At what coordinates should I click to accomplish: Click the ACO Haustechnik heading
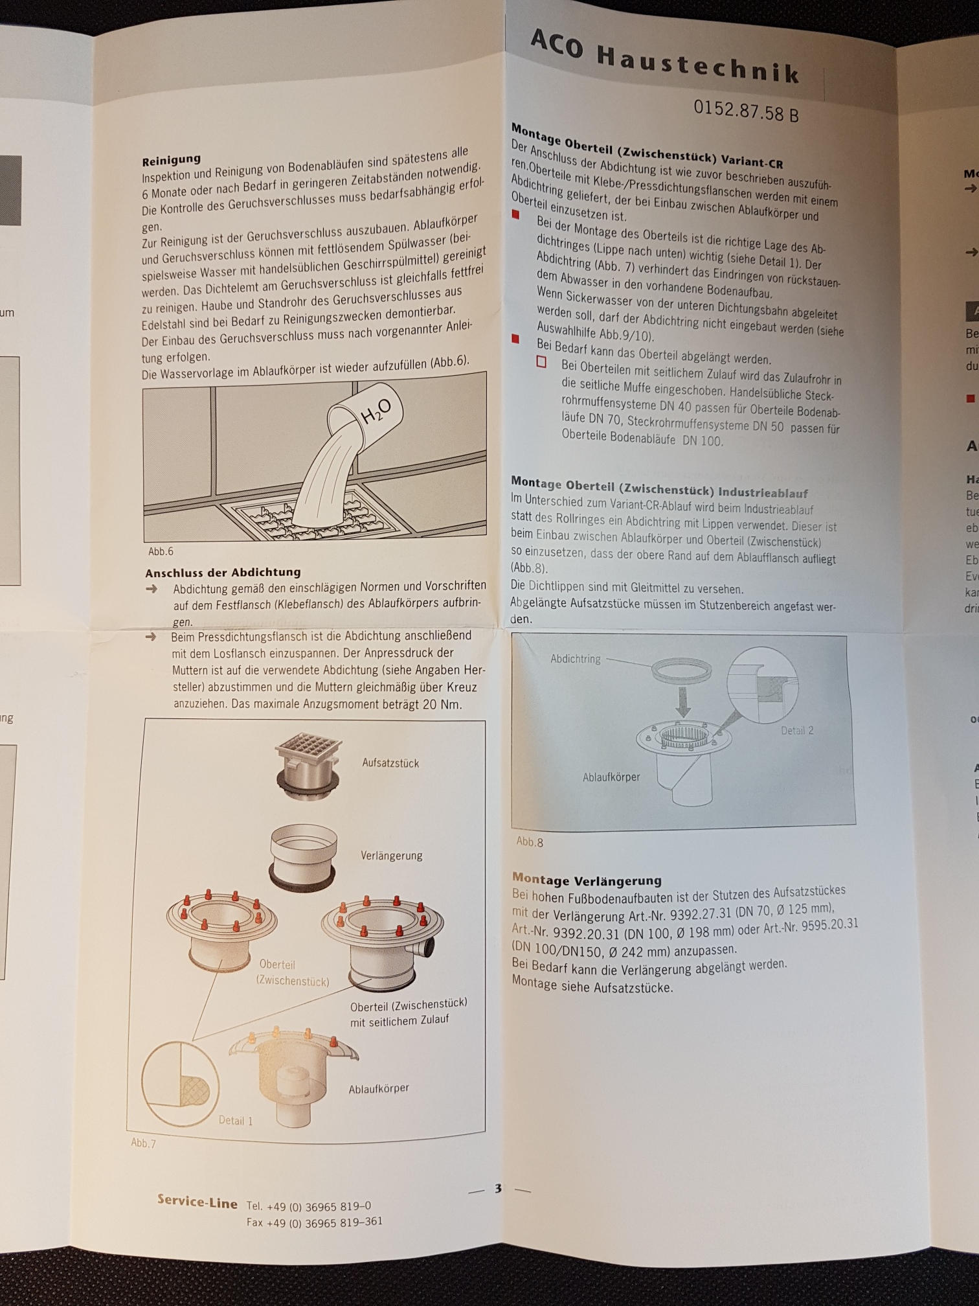665,57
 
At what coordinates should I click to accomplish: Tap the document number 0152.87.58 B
746,109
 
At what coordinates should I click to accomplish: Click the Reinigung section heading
172,159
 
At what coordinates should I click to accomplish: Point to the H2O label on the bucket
376,410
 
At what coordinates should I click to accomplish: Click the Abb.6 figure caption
161,551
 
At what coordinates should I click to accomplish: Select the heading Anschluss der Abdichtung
223,573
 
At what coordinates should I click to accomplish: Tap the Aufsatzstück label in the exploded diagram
390,763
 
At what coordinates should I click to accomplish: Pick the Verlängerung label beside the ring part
391,855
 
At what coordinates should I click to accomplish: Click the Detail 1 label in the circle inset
236,1120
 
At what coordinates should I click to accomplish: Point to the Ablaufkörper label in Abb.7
379,1088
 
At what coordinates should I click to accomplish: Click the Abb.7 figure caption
143,1143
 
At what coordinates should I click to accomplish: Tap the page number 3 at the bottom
498,1188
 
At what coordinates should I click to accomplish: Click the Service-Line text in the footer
197,1202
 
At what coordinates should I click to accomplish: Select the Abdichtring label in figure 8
576,659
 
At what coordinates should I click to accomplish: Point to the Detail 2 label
797,730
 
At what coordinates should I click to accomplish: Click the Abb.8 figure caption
530,842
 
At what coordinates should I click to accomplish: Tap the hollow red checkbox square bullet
541,362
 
